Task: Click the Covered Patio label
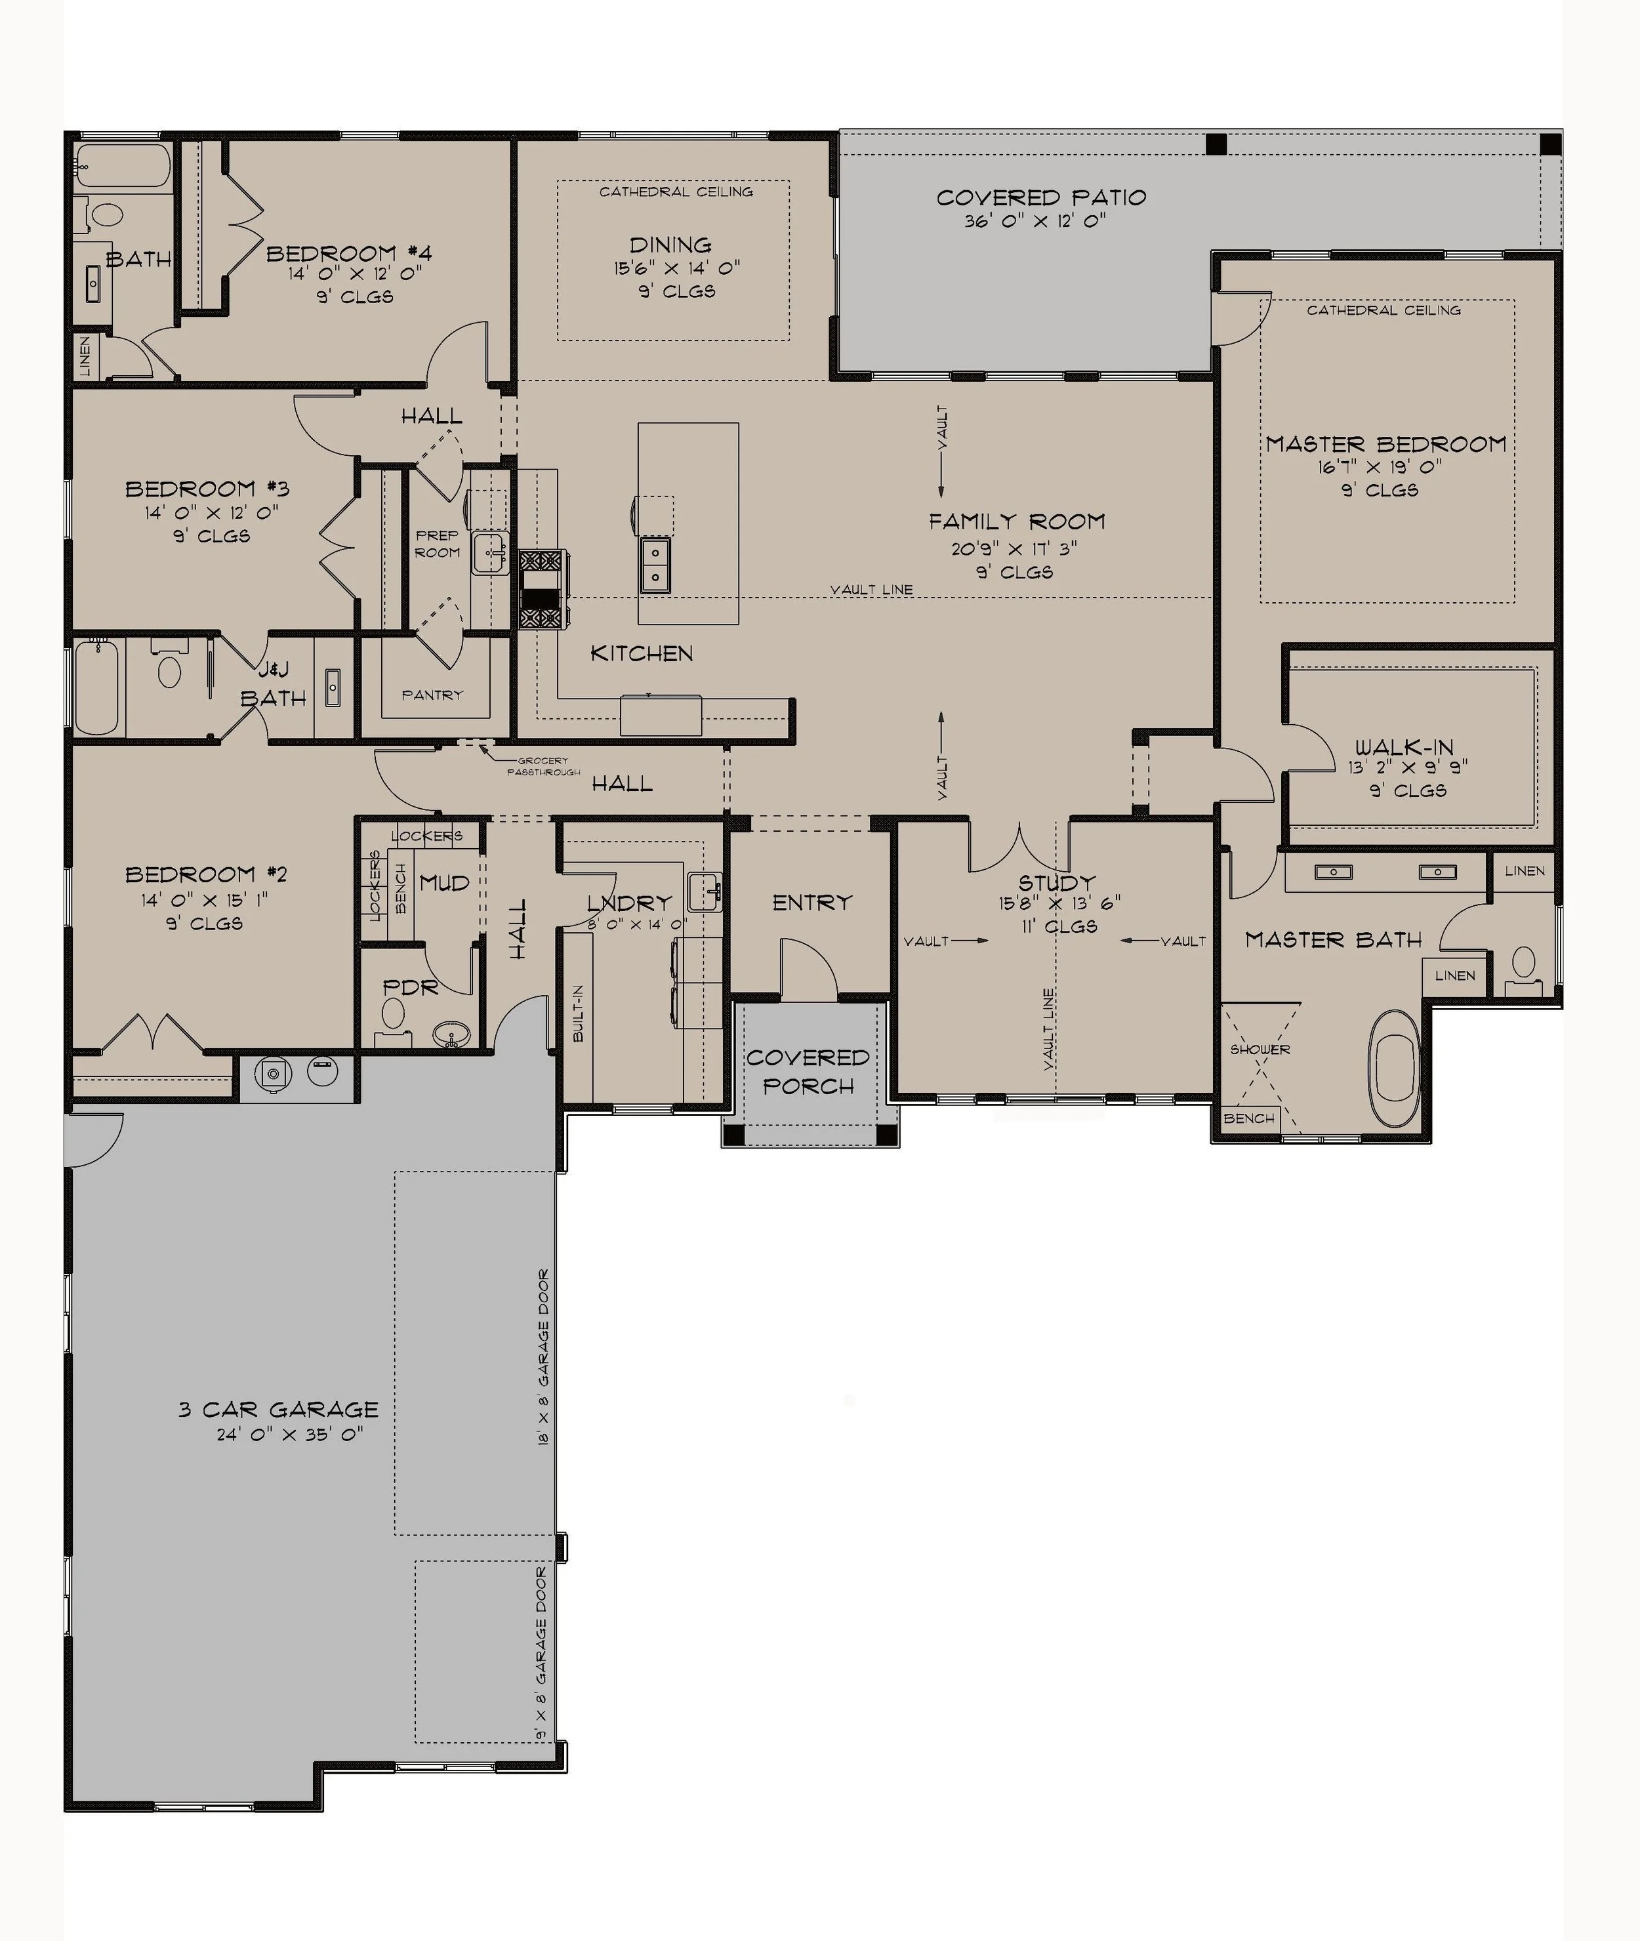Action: [1040, 197]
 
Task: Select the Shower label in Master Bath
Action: [1260, 1050]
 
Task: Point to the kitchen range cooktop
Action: [541, 590]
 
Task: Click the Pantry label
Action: [432, 695]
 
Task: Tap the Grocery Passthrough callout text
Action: [543, 766]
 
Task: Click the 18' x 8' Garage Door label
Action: [543, 1357]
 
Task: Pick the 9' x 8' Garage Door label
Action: [541, 1654]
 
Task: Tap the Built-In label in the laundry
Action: [579, 1013]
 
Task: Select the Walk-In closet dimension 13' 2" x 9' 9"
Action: [1408, 768]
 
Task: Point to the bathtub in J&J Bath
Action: [96, 687]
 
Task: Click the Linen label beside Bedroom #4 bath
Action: [85, 356]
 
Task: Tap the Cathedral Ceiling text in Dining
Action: [675, 192]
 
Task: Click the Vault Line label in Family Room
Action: [871, 589]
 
